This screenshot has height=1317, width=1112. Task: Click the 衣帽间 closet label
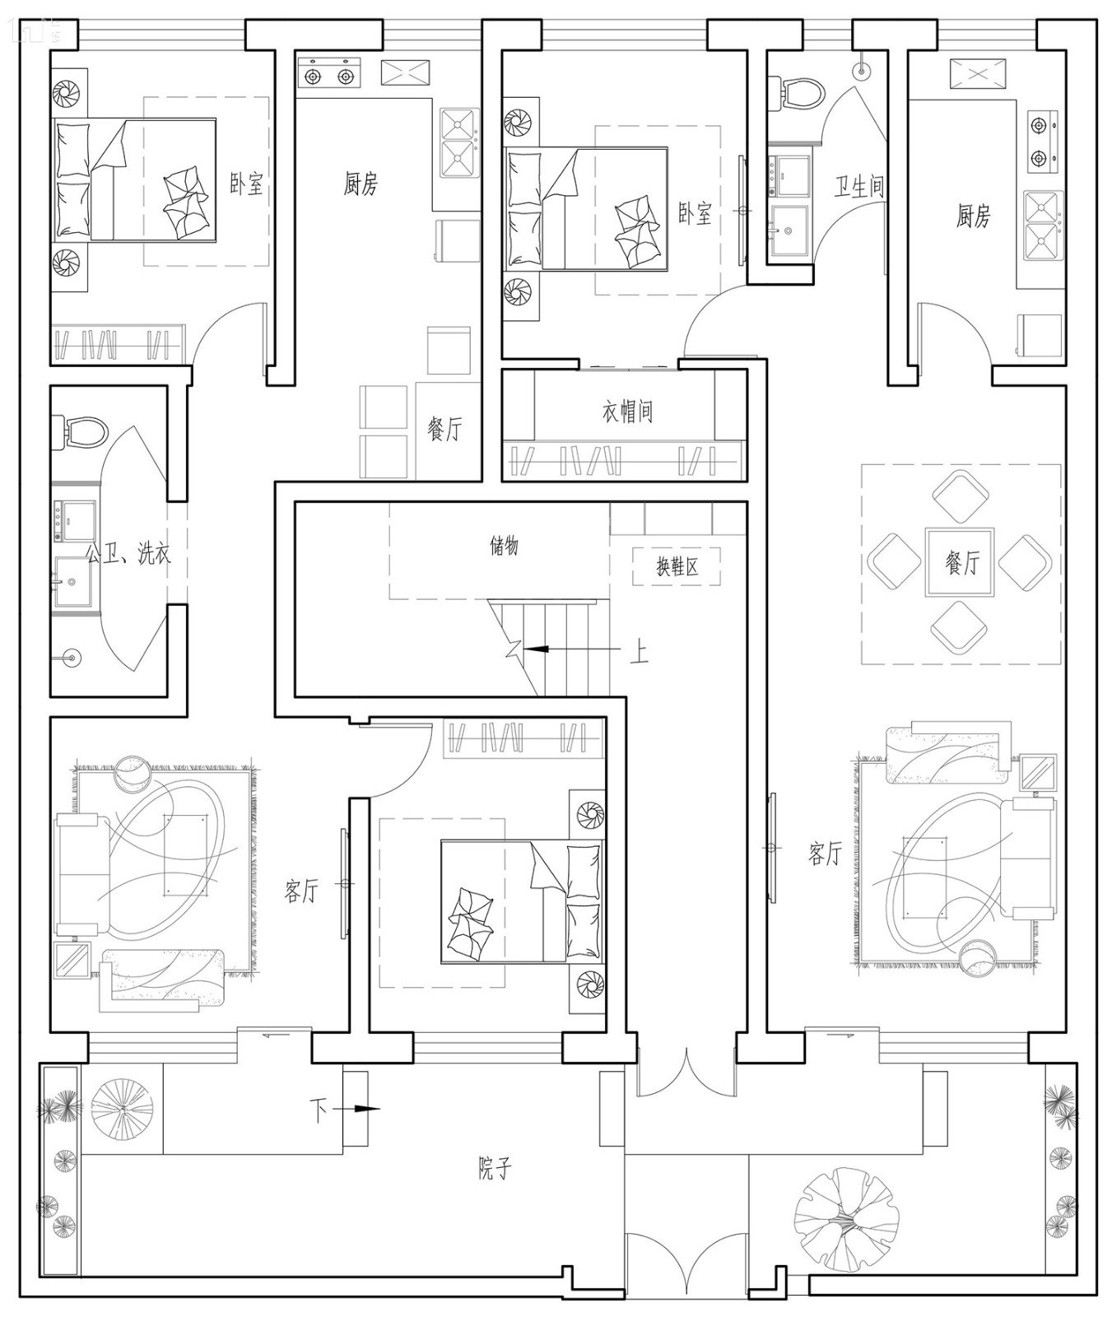tap(627, 411)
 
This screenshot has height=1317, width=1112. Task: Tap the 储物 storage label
tap(504, 546)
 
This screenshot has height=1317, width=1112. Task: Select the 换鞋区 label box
tap(677, 566)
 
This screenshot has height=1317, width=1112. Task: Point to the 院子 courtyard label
tap(495, 1168)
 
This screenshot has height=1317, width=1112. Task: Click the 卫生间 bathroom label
tap(860, 186)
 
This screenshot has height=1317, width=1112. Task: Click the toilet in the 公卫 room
tap(80, 431)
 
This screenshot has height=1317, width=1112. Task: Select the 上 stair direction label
tap(639, 652)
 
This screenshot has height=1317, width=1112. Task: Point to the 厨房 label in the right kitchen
tap(973, 216)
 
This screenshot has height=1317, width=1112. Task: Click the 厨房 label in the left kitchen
tap(361, 184)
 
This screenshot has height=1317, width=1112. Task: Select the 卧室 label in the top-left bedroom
tap(246, 183)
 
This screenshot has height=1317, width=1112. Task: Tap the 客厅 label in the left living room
tap(301, 890)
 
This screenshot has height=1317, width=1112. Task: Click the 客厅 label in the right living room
tap(824, 854)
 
